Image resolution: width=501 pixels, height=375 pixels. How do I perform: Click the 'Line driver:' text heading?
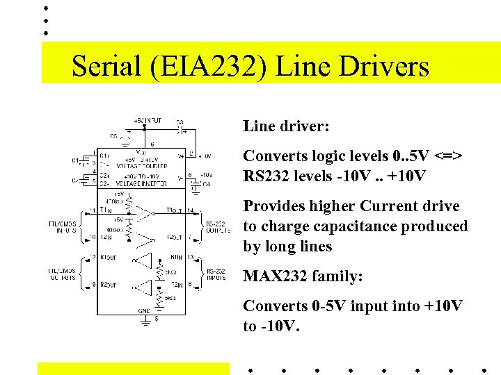[x=286, y=126]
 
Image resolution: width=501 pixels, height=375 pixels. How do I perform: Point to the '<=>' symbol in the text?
[x=445, y=156]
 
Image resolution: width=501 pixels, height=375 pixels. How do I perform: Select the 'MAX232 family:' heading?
[x=303, y=276]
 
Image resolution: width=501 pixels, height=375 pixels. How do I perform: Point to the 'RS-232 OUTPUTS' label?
[x=216, y=227]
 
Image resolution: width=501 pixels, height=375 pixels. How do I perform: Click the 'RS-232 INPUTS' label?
[x=215, y=274]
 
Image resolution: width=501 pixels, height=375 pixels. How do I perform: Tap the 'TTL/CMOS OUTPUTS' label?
[x=63, y=274]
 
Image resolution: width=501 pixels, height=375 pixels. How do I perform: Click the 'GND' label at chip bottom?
[x=144, y=310]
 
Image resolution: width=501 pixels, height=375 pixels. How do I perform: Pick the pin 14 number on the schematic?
[x=191, y=210]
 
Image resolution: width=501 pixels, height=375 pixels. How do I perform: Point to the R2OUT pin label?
[x=109, y=285]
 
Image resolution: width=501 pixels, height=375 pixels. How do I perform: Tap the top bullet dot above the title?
[x=45, y=8]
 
